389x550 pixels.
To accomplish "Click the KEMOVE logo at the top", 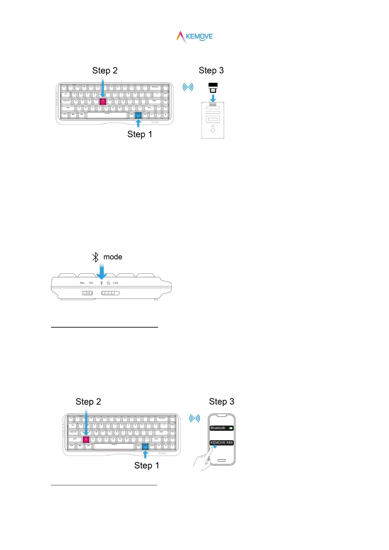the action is (195, 37).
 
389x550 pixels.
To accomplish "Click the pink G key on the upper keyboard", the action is (103, 101).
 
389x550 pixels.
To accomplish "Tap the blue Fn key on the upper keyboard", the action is (138, 115).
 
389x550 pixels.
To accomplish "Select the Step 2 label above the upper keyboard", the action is (105, 71).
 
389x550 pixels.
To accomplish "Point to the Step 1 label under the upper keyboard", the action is (139, 134).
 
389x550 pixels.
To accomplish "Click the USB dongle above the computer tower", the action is (213, 88).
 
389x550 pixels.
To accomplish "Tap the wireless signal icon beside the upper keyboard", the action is (188, 87).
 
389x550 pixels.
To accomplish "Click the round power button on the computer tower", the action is (213, 130).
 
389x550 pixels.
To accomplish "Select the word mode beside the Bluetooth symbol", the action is (113, 257).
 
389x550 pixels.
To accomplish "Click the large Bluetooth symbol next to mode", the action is (95, 257).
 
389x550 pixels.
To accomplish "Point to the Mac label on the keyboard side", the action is (82, 283).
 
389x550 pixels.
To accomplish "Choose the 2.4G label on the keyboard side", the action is (115, 283).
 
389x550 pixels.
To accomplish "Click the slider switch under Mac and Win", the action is (87, 293).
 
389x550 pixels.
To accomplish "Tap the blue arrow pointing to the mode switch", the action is (102, 272).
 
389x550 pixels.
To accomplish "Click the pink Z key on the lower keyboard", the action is (86, 439).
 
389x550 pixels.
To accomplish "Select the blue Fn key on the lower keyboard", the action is (145, 446).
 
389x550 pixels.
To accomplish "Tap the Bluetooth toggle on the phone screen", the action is (231, 428).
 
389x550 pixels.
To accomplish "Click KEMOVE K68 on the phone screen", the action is (221, 443).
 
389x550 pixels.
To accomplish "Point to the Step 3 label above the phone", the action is (221, 402).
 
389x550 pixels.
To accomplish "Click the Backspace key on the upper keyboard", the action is (155, 88).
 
